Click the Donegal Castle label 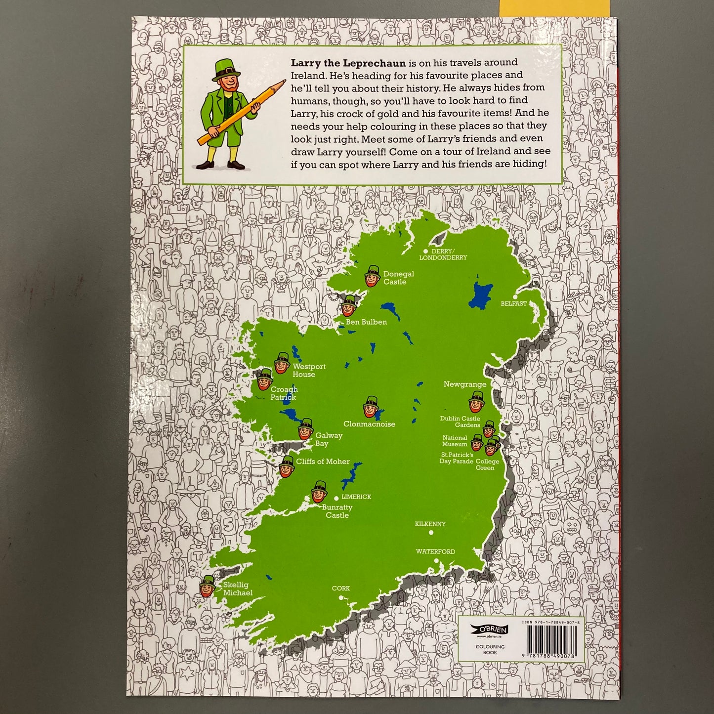point(398,278)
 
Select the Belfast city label point(513,303)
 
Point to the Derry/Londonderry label point(443,254)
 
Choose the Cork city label point(340,588)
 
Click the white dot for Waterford point(436,561)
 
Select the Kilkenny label point(430,524)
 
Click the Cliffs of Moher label point(323,462)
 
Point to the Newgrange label point(464,384)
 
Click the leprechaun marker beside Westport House point(282,363)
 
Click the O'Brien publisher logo point(483,630)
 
